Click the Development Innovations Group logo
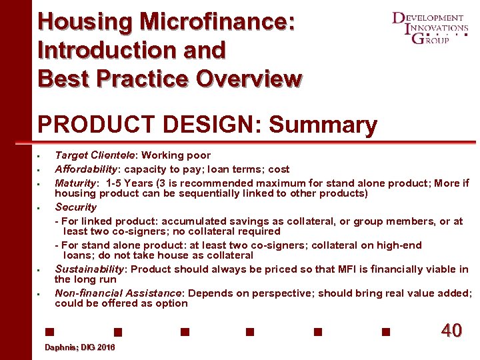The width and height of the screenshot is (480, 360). point(430,28)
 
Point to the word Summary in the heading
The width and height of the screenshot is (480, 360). point(323,125)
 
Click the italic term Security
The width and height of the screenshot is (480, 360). point(75,207)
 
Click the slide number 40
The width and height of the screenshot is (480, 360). point(451,331)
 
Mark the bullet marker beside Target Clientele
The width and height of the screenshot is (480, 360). point(41,156)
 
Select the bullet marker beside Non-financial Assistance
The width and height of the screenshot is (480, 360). point(41,293)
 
